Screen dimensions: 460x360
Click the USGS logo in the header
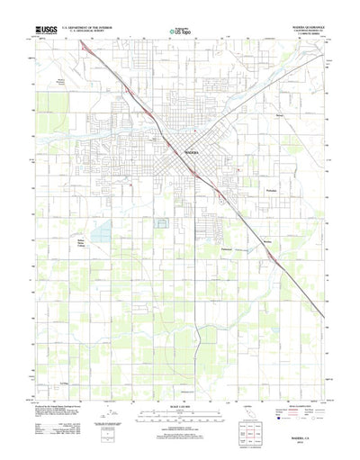[44, 30]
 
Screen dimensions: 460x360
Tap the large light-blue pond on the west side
[99, 233]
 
